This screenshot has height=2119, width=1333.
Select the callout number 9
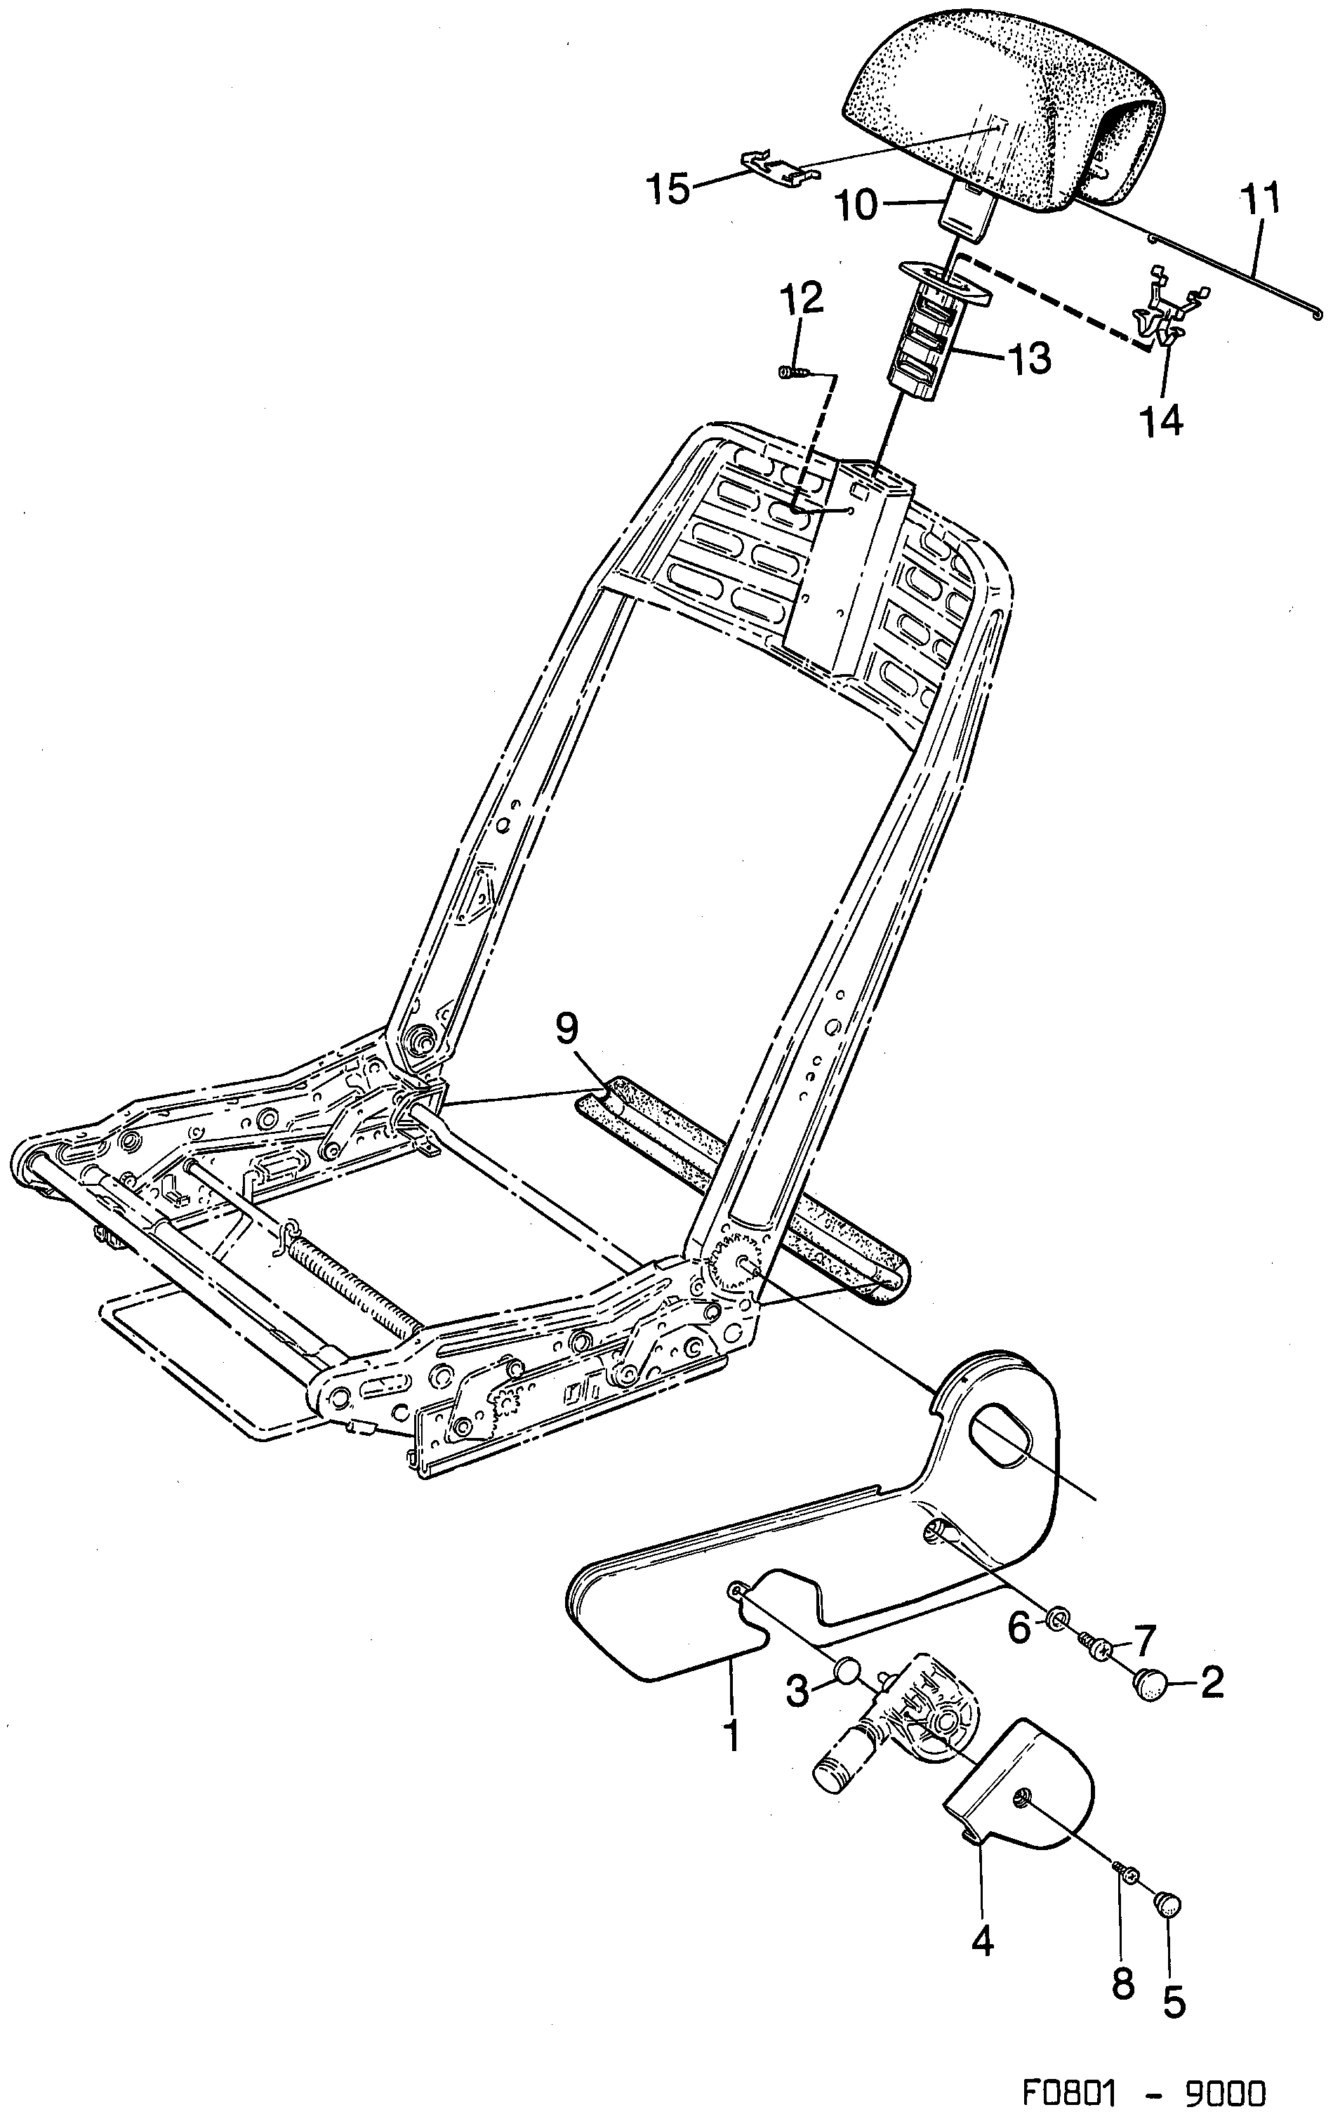coord(567,1027)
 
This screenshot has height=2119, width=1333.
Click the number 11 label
coord(1260,200)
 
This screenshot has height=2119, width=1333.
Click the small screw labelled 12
coord(790,372)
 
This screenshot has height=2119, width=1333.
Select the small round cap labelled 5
coord(1167,1903)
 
